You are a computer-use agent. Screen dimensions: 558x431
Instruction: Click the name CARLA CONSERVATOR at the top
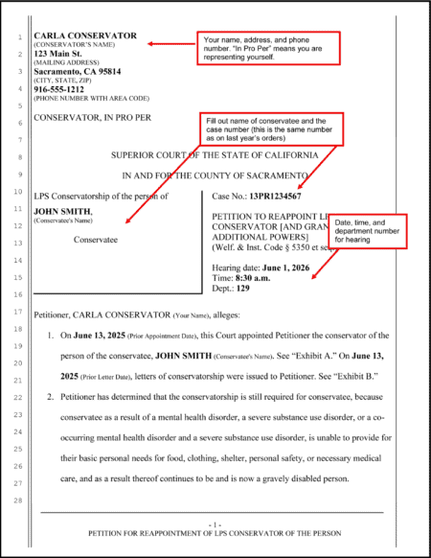coord(85,36)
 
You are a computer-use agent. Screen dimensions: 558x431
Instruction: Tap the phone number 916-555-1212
coord(59,89)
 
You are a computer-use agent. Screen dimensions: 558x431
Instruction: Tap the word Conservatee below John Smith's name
coord(95,241)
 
